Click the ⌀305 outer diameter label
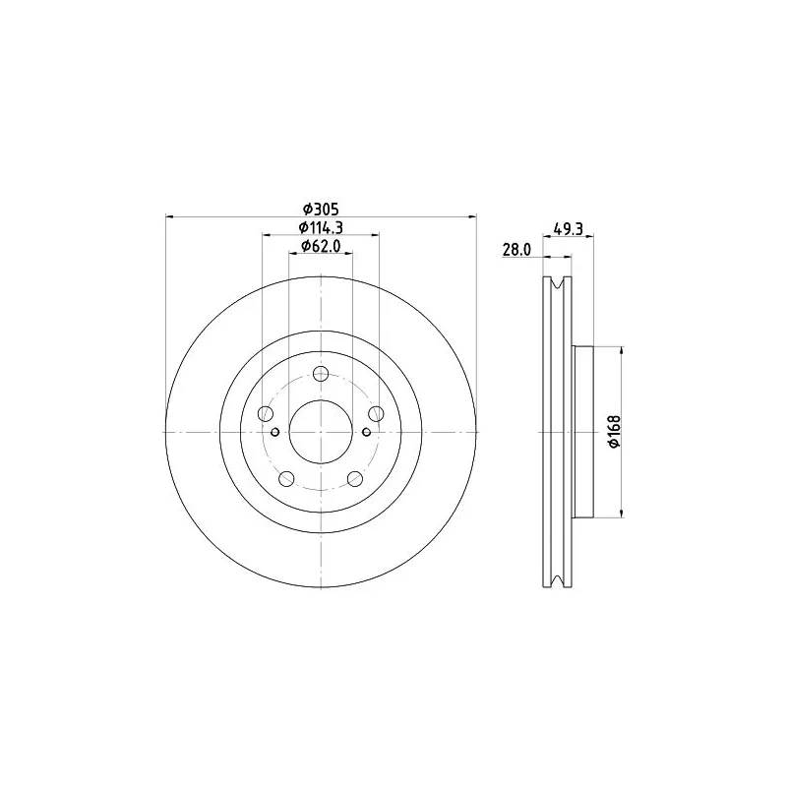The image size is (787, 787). pos(320,209)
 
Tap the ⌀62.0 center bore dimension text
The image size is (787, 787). pos(320,246)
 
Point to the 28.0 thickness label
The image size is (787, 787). pos(516,251)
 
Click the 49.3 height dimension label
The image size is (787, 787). pos(569,228)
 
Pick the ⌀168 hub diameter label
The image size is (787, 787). pos(613,431)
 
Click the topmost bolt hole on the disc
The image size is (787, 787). pos(321,374)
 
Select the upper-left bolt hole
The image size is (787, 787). pos(266,414)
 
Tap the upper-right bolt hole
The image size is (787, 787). pos(376,414)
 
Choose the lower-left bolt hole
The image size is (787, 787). pos(287,479)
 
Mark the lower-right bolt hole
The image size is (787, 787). pos(354,479)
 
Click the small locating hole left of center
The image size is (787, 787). pos(275,432)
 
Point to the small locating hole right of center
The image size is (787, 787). pos(366,432)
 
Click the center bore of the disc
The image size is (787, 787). pos(321,432)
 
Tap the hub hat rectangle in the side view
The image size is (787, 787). pos(584,431)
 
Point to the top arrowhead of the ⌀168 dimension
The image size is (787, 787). pos(622,351)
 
